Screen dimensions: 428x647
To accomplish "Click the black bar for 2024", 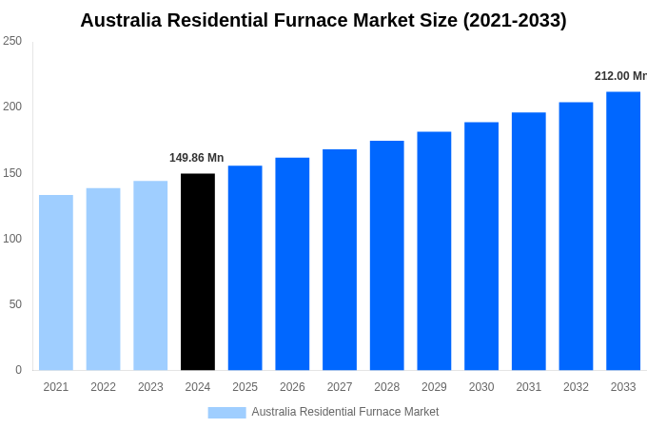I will pos(198,272).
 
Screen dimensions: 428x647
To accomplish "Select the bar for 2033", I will pos(623,231).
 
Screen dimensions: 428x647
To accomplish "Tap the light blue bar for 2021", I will pos(56,282).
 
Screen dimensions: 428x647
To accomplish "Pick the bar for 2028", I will pos(386,256).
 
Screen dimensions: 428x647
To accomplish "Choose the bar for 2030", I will pos(481,246).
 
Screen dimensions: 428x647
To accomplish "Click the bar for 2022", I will pos(103,280).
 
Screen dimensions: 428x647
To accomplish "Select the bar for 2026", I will pos(292,264).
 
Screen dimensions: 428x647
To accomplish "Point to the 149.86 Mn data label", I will pos(196,158).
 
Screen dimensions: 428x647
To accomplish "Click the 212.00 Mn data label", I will pos(619,76).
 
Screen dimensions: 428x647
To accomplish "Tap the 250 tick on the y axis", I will pos(12,41).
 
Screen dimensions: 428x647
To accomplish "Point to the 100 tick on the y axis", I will pos(12,239).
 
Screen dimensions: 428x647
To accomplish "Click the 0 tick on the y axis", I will pos(18,370).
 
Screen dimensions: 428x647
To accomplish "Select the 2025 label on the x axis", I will pos(245,387).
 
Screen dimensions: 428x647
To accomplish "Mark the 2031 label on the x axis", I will pos(528,387).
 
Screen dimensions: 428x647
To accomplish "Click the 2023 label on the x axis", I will pos(150,387).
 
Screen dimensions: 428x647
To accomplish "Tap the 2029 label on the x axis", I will pos(434,387).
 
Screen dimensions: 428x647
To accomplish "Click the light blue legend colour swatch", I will pos(226,413).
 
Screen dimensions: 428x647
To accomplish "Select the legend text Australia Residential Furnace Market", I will pos(344,412).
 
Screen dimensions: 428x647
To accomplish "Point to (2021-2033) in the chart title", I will pos(515,20).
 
